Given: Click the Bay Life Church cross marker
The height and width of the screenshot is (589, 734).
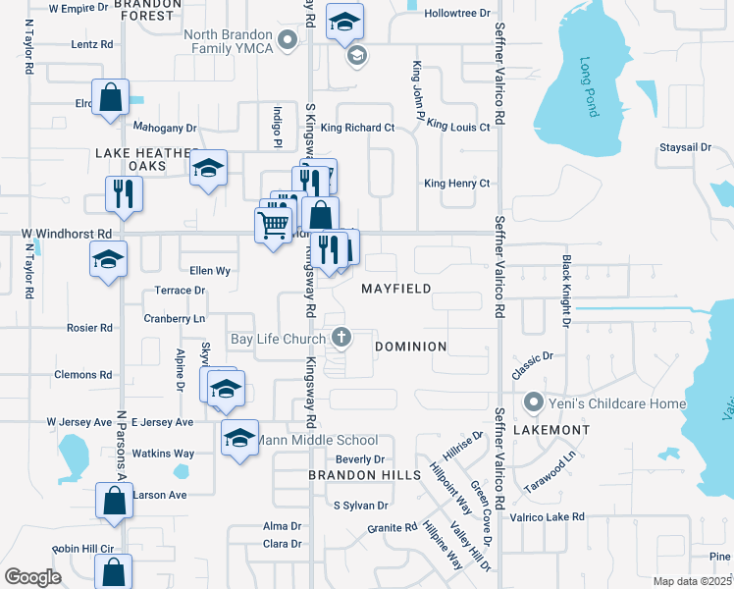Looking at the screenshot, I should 341,339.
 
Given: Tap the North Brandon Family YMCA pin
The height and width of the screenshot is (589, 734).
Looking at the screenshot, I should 288,40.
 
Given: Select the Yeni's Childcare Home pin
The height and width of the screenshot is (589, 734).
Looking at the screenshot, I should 534,402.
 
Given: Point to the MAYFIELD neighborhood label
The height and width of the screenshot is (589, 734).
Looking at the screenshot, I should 395,289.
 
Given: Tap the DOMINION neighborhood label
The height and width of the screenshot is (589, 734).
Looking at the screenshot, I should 412,347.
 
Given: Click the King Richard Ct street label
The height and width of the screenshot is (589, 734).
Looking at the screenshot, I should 357,128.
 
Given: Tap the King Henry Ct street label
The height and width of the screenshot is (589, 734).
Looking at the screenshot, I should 456,184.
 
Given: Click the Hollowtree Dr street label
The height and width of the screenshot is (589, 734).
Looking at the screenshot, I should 457,14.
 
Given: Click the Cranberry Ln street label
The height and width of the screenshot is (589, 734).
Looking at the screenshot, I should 174,319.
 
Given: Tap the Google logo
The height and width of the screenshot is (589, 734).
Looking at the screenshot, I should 32,577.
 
